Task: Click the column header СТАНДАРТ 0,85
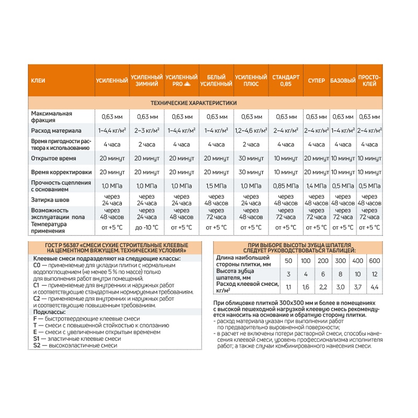coord(286,80)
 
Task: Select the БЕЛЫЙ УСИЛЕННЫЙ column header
coord(216,80)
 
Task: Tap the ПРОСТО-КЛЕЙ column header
coord(369,80)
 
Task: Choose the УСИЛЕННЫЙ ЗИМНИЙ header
coord(146,80)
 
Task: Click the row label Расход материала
coord(56,130)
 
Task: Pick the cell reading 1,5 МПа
coord(216,185)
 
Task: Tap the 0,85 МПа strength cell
coord(286,185)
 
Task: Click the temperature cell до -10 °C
coord(146,227)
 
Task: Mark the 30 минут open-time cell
coord(251,158)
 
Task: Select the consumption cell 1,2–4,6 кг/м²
coord(251,130)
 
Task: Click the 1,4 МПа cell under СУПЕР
coord(316,185)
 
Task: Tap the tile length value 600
coord(375,261)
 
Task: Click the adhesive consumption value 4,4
coord(375,287)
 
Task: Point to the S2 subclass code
coord(37,345)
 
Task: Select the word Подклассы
coord(48,311)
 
